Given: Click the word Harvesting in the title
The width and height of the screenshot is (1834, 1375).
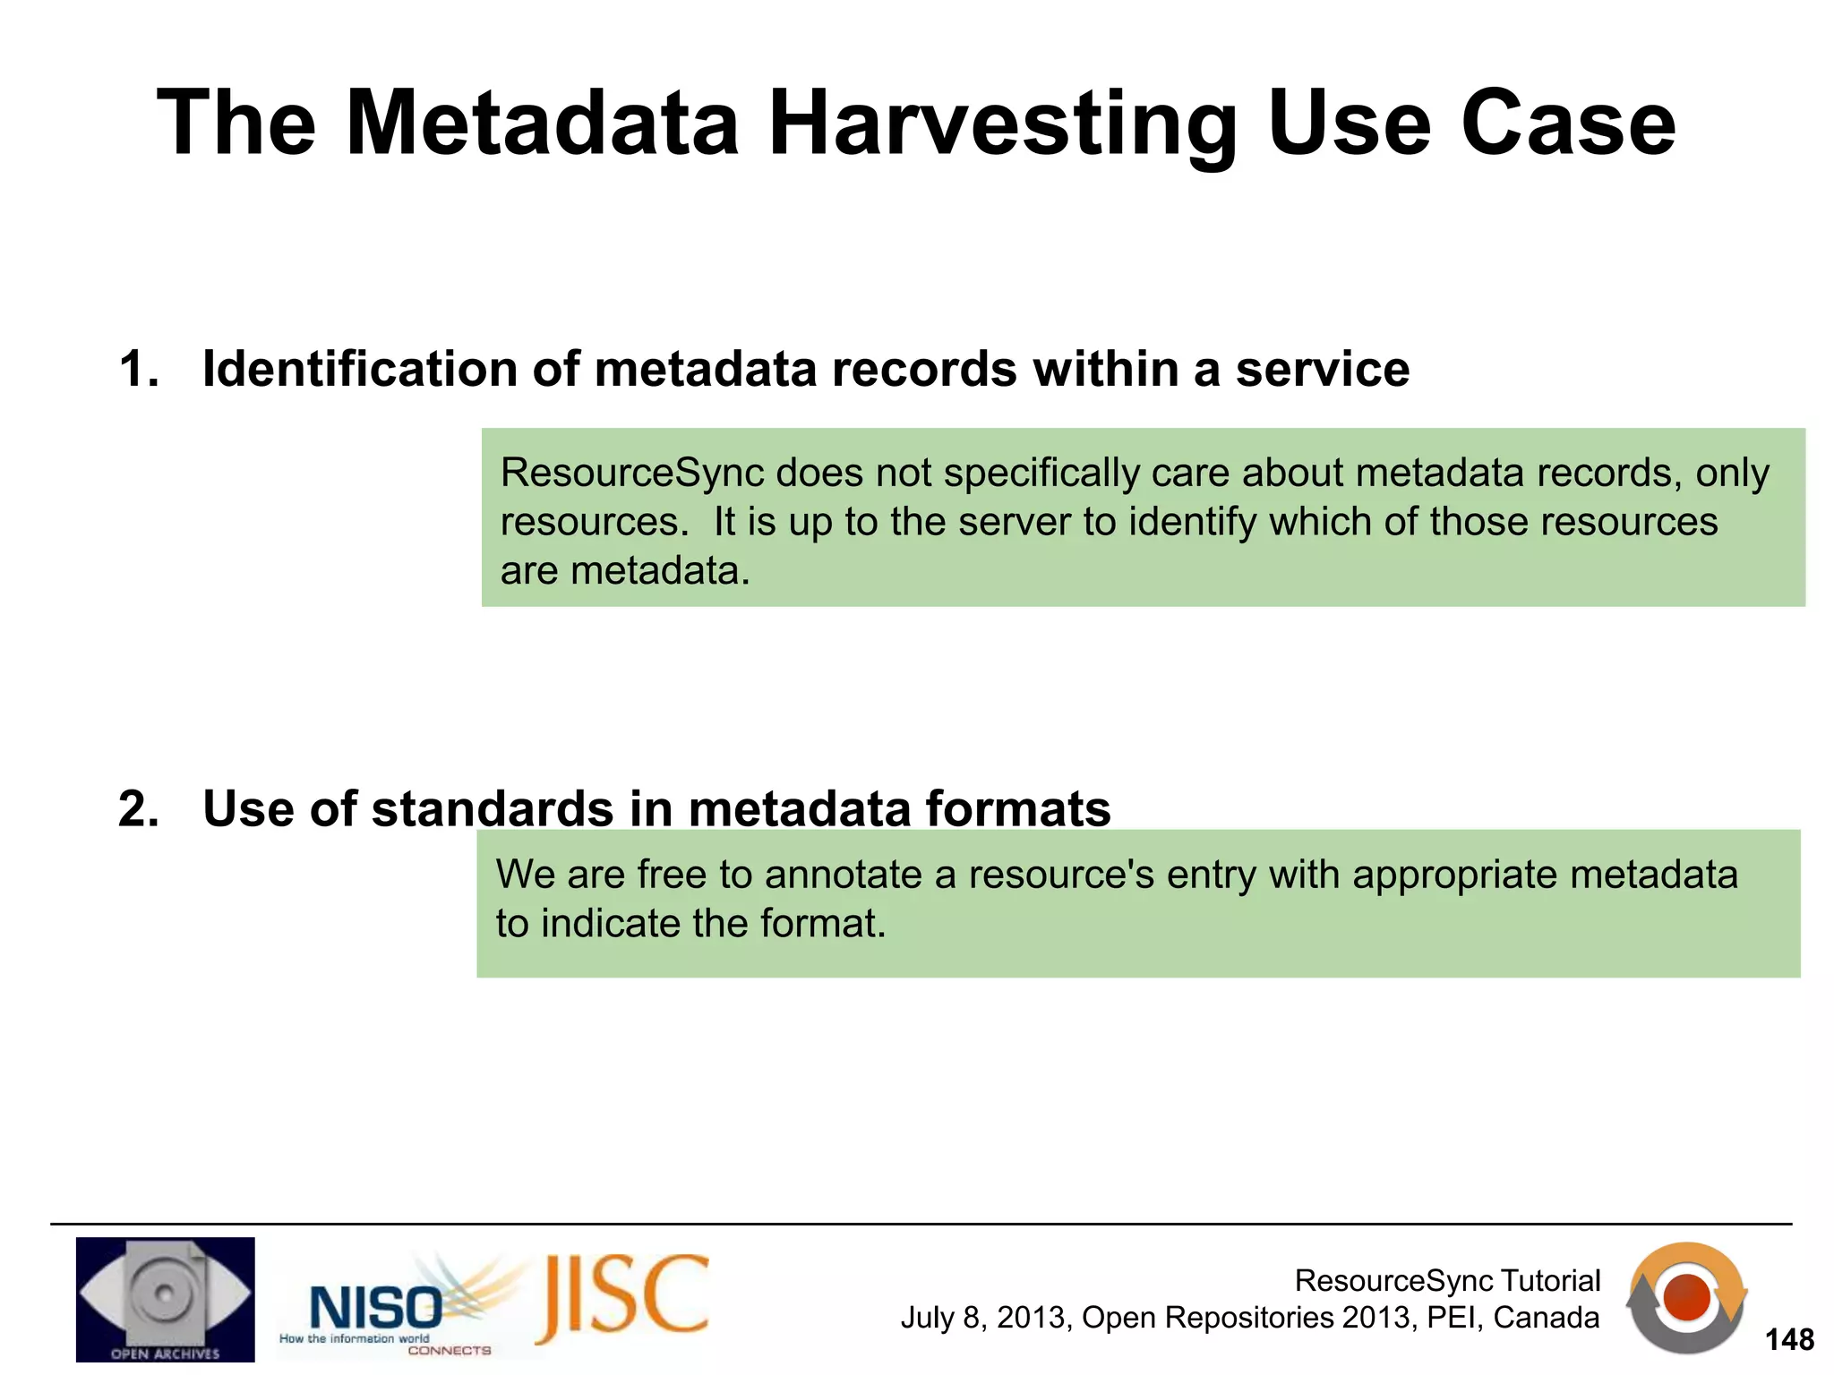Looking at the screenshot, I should [1002, 125].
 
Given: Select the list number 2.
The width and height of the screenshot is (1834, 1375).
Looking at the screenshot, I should [138, 808].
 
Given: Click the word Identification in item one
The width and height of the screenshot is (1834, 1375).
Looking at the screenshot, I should [359, 369].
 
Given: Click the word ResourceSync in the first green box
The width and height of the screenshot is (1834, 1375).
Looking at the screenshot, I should [631, 473].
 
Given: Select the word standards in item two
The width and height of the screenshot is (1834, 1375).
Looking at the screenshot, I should [492, 808].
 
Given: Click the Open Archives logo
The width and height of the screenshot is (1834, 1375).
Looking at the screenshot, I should [165, 1299].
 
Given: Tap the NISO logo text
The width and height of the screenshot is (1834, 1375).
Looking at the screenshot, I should [374, 1308].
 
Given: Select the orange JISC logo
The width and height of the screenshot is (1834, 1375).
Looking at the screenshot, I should [623, 1297].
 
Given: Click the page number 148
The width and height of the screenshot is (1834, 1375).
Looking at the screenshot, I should [1788, 1339].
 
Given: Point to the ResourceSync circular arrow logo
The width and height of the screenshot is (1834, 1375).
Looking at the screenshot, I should [1686, 1297].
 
